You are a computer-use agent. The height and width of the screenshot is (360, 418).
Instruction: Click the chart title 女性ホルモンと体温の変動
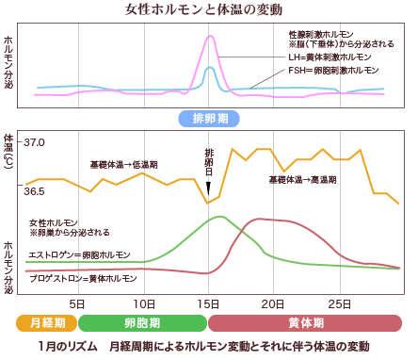pos(208,10)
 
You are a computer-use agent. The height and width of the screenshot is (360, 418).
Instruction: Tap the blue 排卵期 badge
pos(208,119)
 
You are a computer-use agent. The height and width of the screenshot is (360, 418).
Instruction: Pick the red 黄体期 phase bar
pos(306,322)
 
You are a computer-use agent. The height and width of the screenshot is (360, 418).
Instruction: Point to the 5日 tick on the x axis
pos(80,303)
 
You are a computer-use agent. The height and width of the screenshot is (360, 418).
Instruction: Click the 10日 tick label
pos(144,303)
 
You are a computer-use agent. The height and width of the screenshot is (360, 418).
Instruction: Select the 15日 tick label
pos(208,303)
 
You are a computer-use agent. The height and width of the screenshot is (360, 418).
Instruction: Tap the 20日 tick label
pos(272,303)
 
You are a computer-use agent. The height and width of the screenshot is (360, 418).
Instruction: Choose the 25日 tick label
pos(336,303)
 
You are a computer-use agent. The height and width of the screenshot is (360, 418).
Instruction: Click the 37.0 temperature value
pos(35,142)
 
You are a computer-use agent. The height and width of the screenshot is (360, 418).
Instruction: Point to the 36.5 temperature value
pos(35,191)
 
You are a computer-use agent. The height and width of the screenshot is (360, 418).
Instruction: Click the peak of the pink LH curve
pos(210,36)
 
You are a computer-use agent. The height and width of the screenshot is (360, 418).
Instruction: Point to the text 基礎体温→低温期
pos(123,164)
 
